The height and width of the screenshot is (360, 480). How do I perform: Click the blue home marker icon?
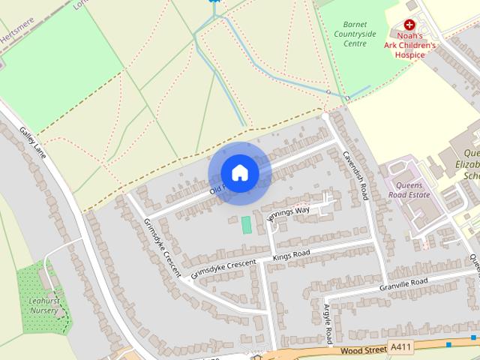239,172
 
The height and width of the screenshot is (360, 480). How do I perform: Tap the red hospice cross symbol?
409,25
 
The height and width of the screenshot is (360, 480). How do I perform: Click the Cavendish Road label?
355,172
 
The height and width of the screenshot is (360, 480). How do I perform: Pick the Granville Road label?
403,283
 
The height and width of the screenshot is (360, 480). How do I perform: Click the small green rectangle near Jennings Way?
246,224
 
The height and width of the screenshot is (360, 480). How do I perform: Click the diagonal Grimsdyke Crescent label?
161,245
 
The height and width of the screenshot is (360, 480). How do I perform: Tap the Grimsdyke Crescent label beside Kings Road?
223,268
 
